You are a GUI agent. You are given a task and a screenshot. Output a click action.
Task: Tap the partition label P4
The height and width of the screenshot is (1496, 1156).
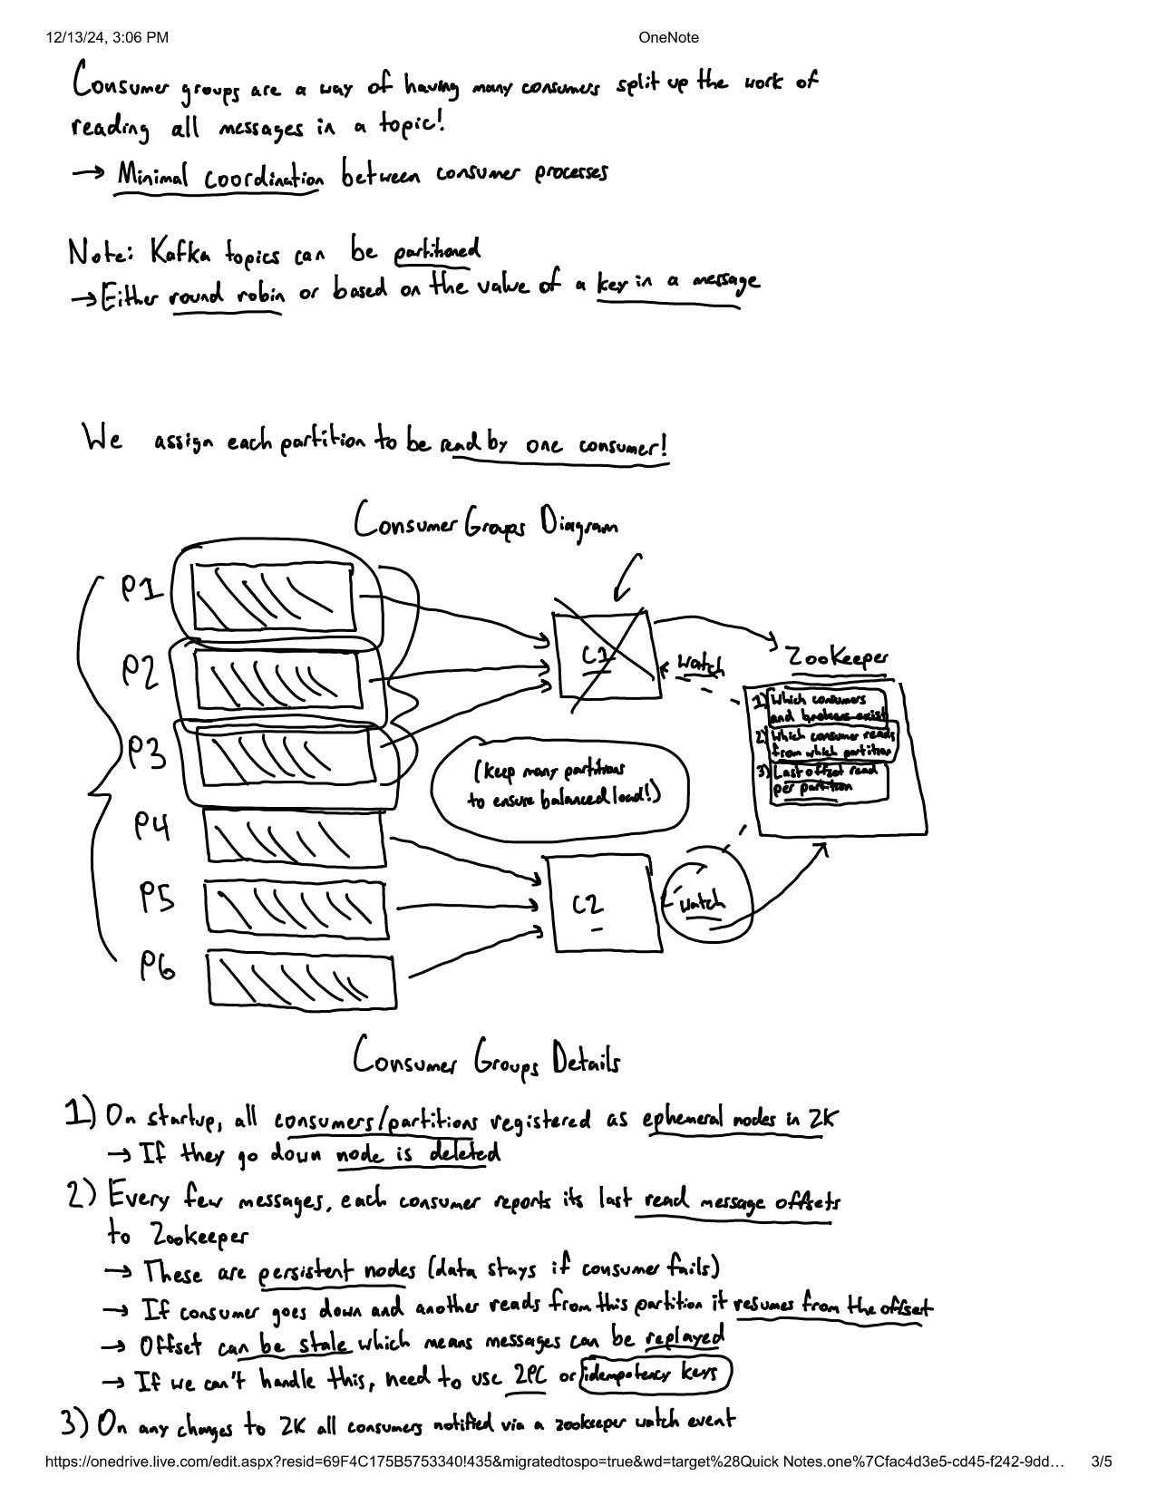click(153, 826)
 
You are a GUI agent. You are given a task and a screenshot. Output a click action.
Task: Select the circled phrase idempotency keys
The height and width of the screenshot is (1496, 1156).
click(656, 1375)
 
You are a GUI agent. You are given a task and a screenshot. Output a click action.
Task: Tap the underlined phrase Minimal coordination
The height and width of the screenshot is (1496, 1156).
click(219, 175)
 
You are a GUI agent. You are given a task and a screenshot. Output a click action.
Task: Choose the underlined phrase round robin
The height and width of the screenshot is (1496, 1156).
click(226, 296)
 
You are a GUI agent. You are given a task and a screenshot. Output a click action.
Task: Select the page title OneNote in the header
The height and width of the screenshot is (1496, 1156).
click(668, 37)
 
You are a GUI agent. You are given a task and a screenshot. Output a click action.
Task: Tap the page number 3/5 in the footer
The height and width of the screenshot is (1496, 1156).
click(1102, 1461)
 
